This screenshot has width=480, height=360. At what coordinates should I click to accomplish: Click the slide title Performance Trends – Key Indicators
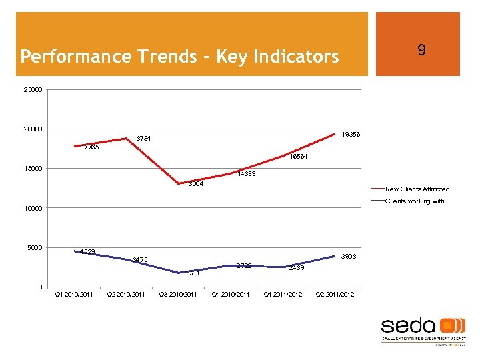(179, 57)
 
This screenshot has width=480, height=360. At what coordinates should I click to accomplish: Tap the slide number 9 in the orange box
(421, 50)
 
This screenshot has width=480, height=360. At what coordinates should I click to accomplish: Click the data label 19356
(351, 135)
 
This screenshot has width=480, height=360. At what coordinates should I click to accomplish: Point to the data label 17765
(90, 147)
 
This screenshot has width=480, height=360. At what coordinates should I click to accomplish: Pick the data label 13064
(195, 184)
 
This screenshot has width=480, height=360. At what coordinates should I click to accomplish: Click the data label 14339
(247, 174)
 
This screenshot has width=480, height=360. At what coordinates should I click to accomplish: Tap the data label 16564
(299, 157)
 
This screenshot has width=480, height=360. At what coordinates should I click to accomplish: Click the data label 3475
(140, 259)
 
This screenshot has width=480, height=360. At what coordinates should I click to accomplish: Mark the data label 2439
(297, 268)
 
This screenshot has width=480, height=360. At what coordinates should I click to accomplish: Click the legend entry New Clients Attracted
(417, 189)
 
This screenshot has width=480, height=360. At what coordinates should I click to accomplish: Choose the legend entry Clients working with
(415, 201)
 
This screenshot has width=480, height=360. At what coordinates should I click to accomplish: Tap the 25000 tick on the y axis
(32, 90)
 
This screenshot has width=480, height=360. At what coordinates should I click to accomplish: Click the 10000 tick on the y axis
(32, 209)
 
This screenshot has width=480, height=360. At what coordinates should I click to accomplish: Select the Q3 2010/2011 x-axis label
(178, 295)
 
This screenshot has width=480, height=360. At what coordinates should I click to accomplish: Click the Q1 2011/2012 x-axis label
(283, 295)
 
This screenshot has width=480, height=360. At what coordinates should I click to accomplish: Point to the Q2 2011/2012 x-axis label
(335, 295)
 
